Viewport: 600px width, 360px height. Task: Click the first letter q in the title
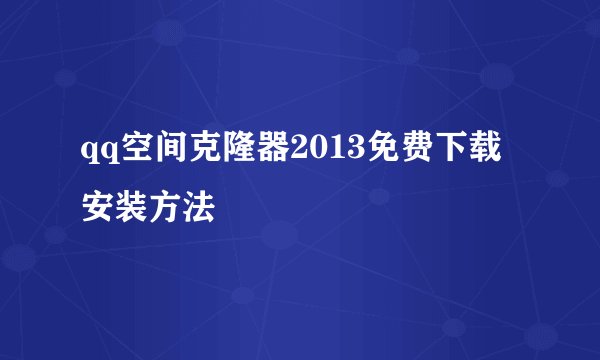(90, 153)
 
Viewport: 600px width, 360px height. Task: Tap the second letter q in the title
(106, 153)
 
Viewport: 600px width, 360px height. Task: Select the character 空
(131, 151)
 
